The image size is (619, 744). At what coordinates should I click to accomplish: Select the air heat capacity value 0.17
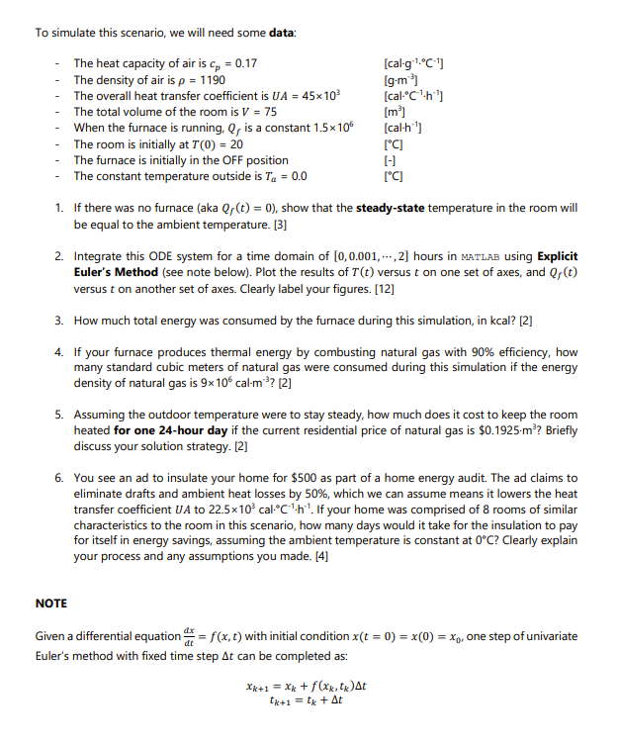pos(244,63)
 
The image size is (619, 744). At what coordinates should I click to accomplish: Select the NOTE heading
pos(50,603)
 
